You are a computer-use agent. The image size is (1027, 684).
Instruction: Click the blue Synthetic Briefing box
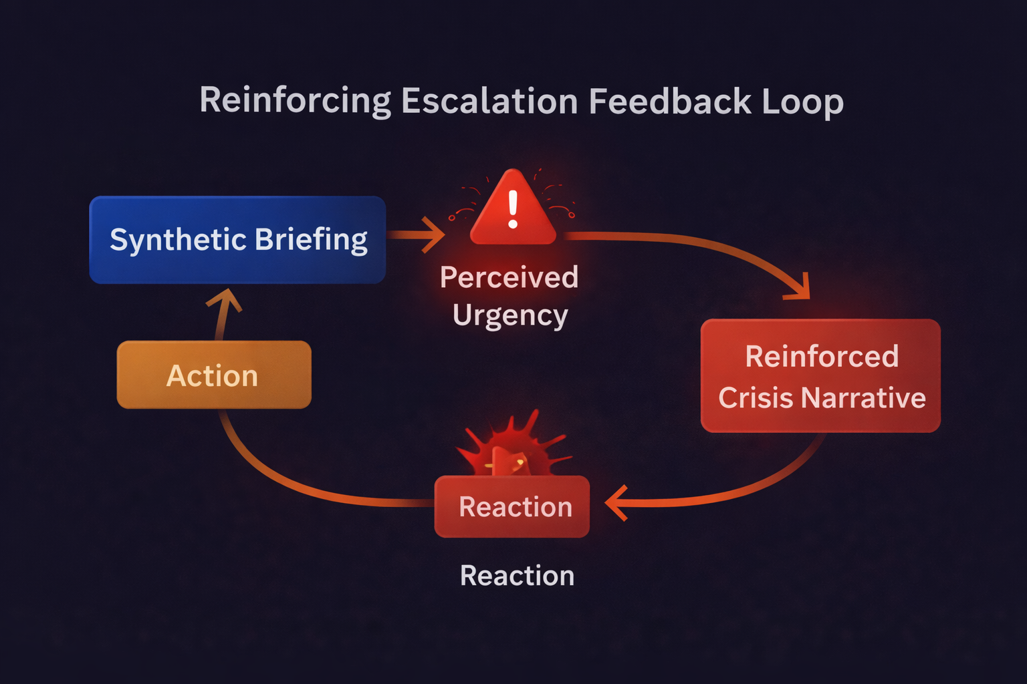pyautogui.click(x=237, y=240)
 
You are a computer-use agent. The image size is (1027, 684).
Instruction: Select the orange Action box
pyautogui.click(x=214, y=375)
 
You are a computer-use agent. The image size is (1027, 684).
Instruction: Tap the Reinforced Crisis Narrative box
pyautogui.click(x=820, y=375)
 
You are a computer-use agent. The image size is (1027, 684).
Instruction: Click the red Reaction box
pyautogui.click(x=512, y=507)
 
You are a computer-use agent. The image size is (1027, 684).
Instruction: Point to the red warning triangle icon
pyautogui.click(x=513, y=210)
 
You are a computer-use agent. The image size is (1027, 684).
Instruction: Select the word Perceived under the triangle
pyautogui.click(x=509, y=277)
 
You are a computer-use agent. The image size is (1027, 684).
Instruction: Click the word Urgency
pyautogui.click(x=510, y=315)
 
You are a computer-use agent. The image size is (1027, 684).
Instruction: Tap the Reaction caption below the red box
pyautogui.click(x=517, y=576)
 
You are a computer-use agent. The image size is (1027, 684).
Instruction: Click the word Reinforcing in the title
pyautogui.click(x=295, y=102)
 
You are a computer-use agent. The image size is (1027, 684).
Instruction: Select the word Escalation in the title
pyautogui.click(x=489, y=102)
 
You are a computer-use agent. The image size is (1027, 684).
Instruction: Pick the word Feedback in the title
pyautogui.click(x=670, y=102)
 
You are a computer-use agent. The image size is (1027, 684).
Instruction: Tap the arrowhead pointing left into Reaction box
pyautogui.click(x=616, y=503)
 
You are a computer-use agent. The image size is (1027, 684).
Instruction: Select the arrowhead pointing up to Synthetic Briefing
pyautogui.click(x=225, y=301)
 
